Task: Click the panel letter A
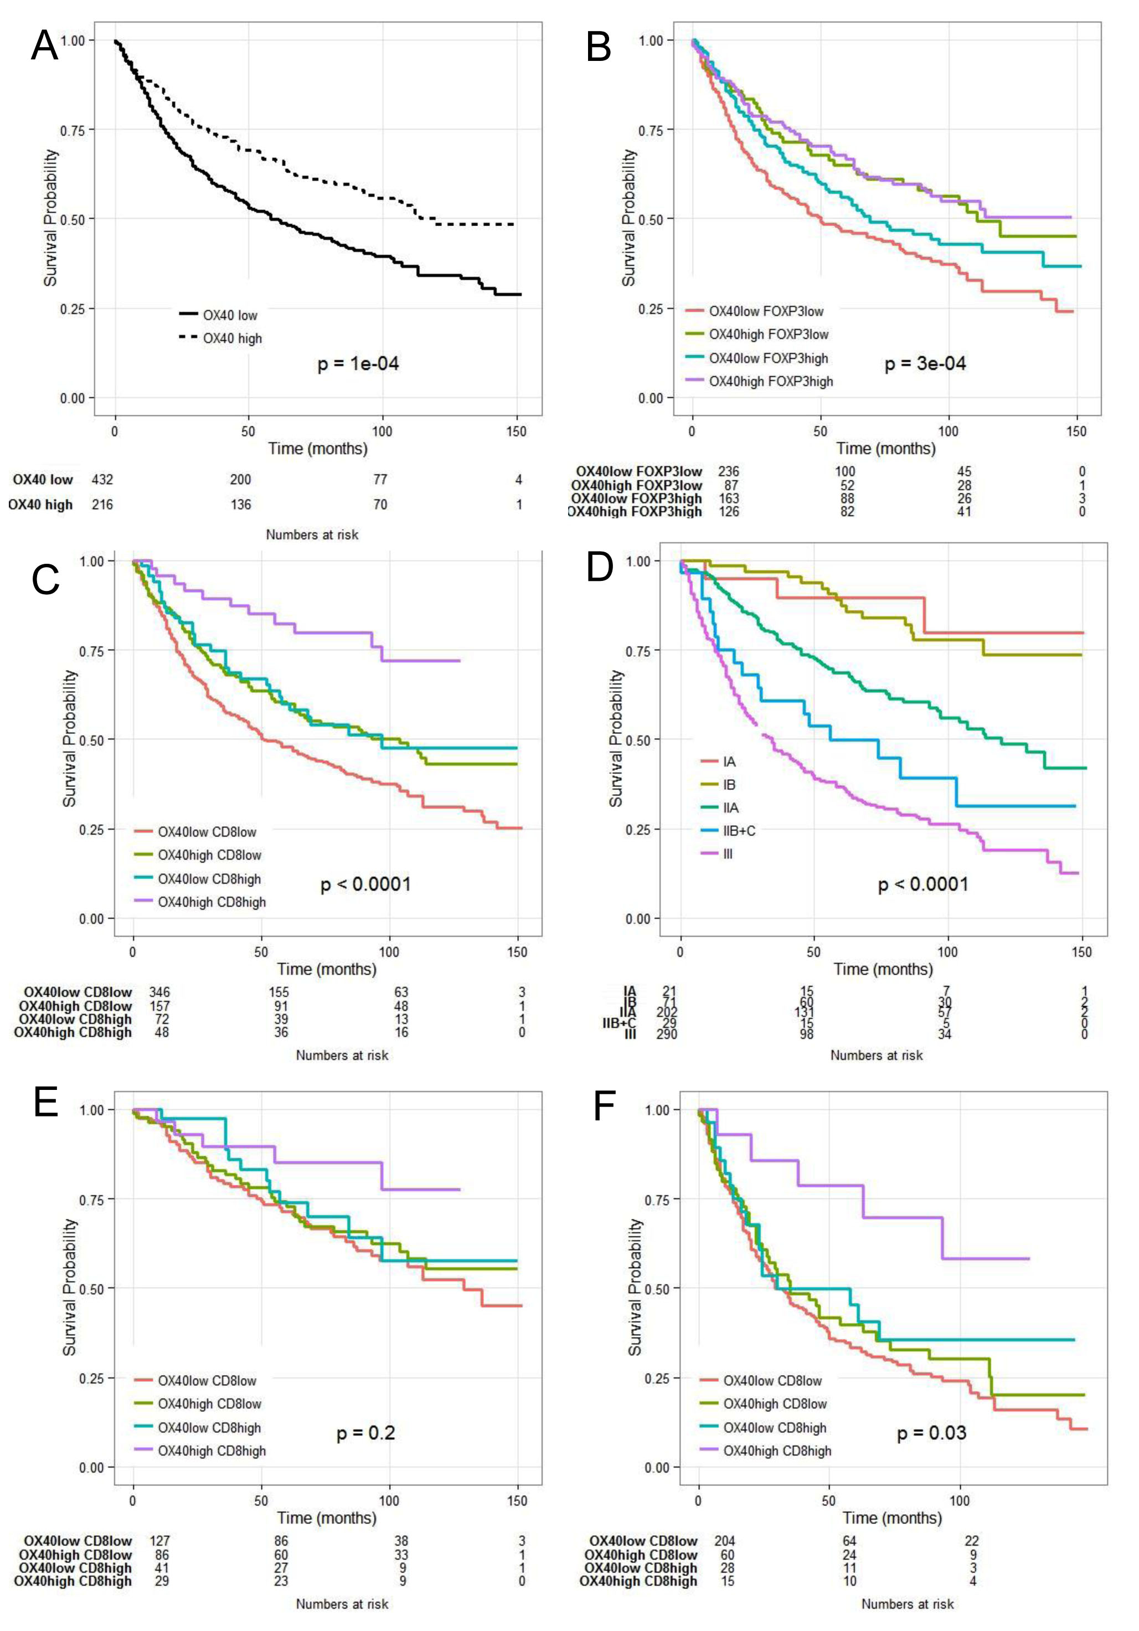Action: pos(44,47)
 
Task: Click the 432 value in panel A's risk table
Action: pos(102,480)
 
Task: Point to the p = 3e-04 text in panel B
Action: pos(925,364)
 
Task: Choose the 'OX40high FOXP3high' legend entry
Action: pos(770,382)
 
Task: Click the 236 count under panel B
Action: pos(729,471)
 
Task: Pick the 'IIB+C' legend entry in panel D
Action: pos(739,830)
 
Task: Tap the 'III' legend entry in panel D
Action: pos(728,854)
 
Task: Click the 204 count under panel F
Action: pos(724,1541)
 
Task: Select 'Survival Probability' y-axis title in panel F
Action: pos(634,1287)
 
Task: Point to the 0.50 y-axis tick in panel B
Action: pos(651,219)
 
